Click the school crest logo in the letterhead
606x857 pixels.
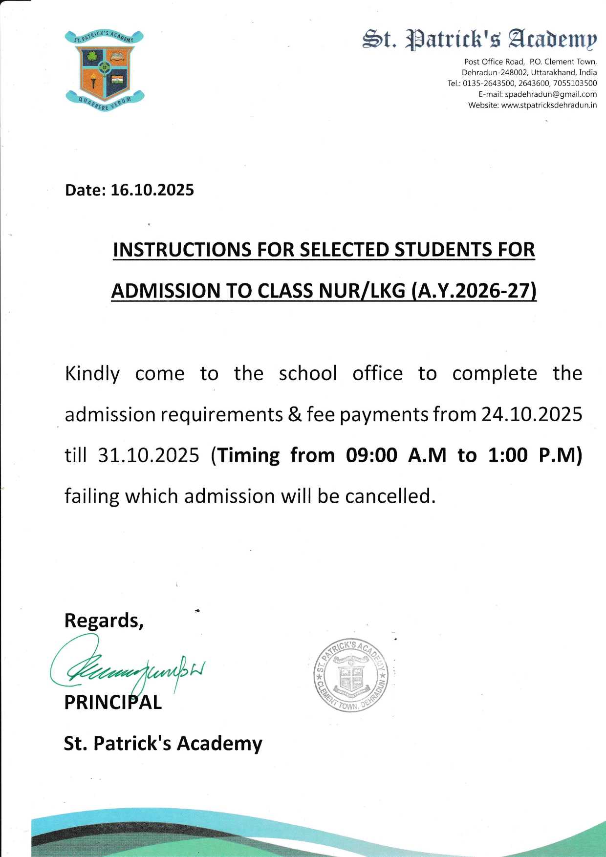tap(104, 70)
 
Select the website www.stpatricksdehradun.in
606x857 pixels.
tap(549, 105)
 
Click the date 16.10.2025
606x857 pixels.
tap(152, 190)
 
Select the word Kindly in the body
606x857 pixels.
tap(92, 374)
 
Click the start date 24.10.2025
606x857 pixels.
tap(532, 414)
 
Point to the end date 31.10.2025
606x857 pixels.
tap(149, 455)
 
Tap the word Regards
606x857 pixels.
tap(104, 621)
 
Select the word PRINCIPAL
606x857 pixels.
tap(113, 702)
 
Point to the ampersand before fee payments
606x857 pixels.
tap(295, 414)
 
